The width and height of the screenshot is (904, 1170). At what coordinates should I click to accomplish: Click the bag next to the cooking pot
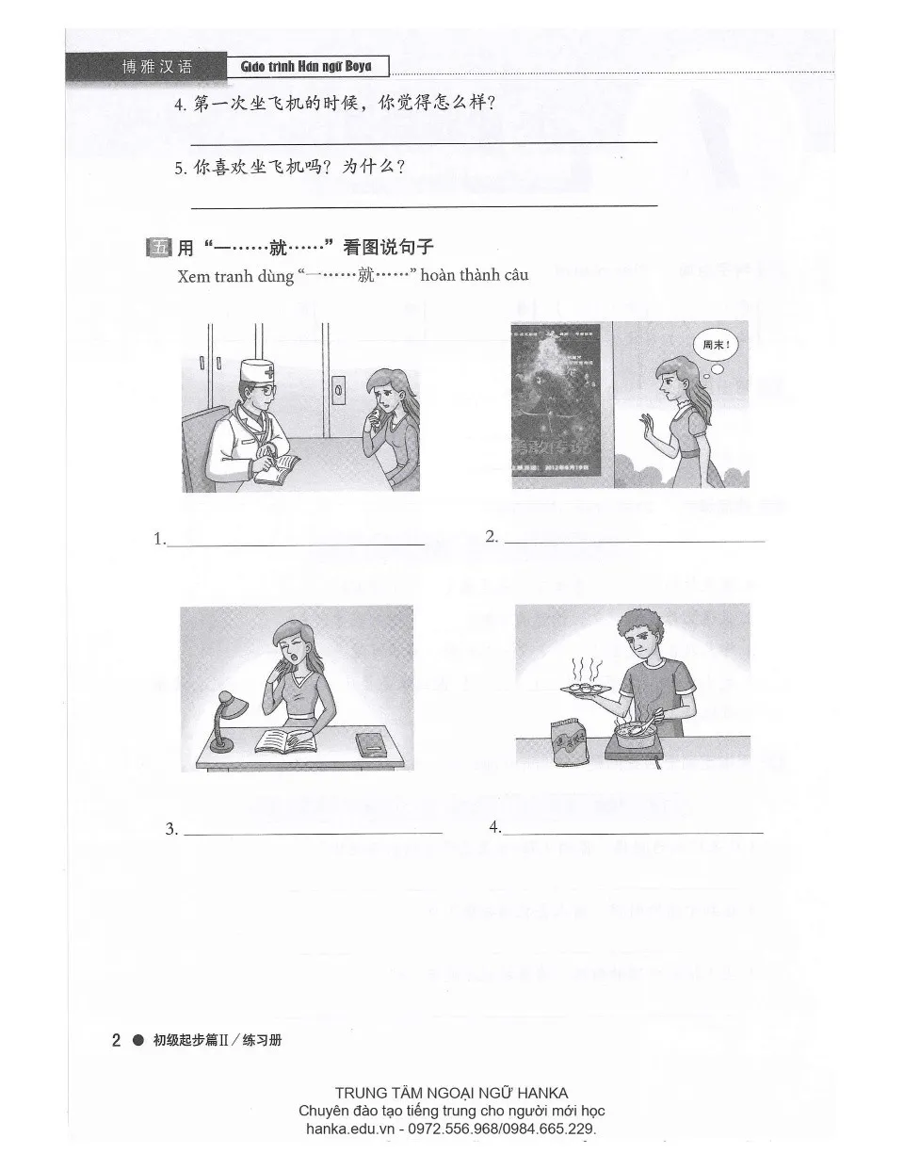click(571, 734)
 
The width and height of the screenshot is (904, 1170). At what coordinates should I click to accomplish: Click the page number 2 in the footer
click(116, 1041)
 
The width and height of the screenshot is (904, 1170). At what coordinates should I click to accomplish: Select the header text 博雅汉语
click(156, 67)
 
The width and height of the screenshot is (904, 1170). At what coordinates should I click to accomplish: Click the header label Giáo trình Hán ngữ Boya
click(306, 66)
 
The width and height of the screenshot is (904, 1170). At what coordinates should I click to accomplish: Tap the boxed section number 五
click(156, 248)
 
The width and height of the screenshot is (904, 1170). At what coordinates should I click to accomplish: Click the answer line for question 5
click(424, 204)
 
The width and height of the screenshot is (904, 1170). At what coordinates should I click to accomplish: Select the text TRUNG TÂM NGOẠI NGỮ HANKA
click(451, 1093)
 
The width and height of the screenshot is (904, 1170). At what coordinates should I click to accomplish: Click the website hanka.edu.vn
click(353, 1129)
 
